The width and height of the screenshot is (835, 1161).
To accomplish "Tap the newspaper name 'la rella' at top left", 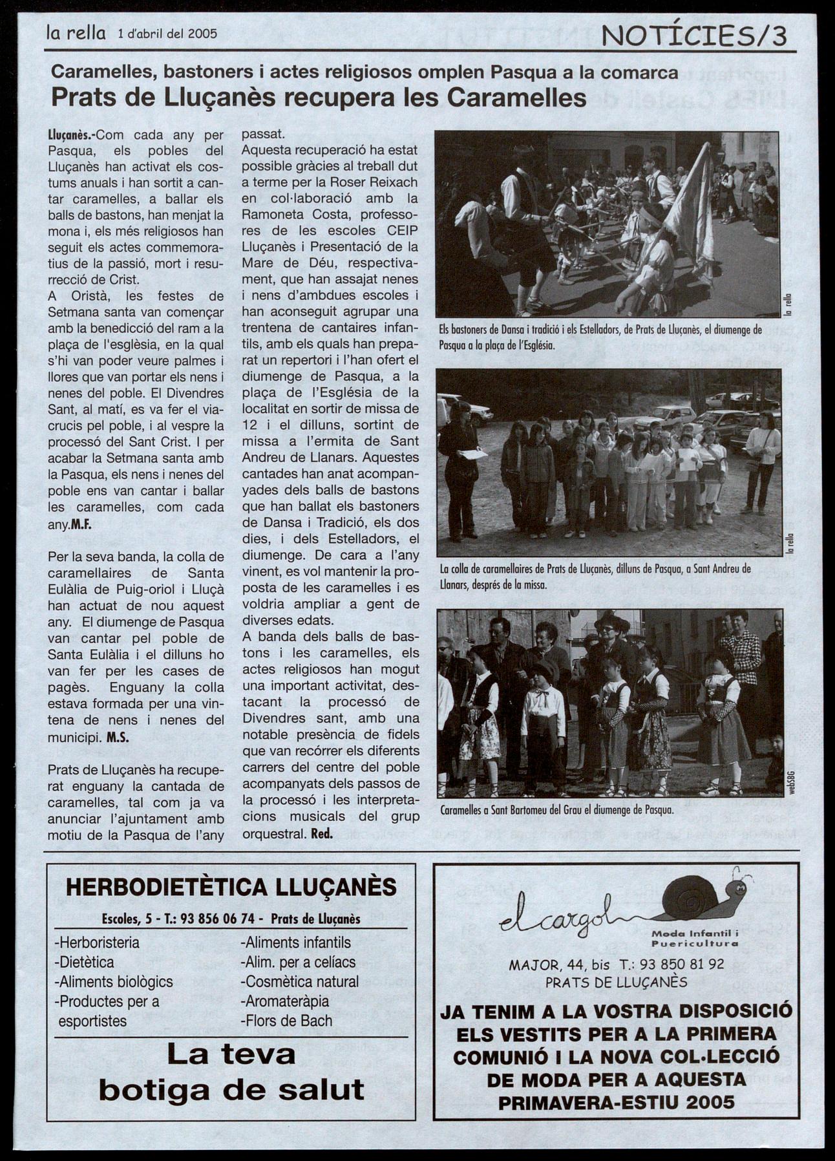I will (76, 33).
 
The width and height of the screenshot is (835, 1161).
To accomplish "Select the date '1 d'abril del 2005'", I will (167, 34).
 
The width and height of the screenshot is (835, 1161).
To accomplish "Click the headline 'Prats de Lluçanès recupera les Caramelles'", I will (319, 98).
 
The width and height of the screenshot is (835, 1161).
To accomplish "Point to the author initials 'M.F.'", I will (81, 524).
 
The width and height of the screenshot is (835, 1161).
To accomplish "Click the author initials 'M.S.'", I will (118, 737).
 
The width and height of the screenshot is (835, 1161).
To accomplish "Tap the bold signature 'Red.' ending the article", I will (322, 834).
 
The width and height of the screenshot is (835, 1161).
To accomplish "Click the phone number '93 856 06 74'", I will (221, 919).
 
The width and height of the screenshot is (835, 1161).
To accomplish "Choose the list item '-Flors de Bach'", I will (287, 1021).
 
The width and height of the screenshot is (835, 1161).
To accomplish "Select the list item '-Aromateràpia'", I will (285, 1001).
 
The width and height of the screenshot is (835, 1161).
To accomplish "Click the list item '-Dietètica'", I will (85, 962).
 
